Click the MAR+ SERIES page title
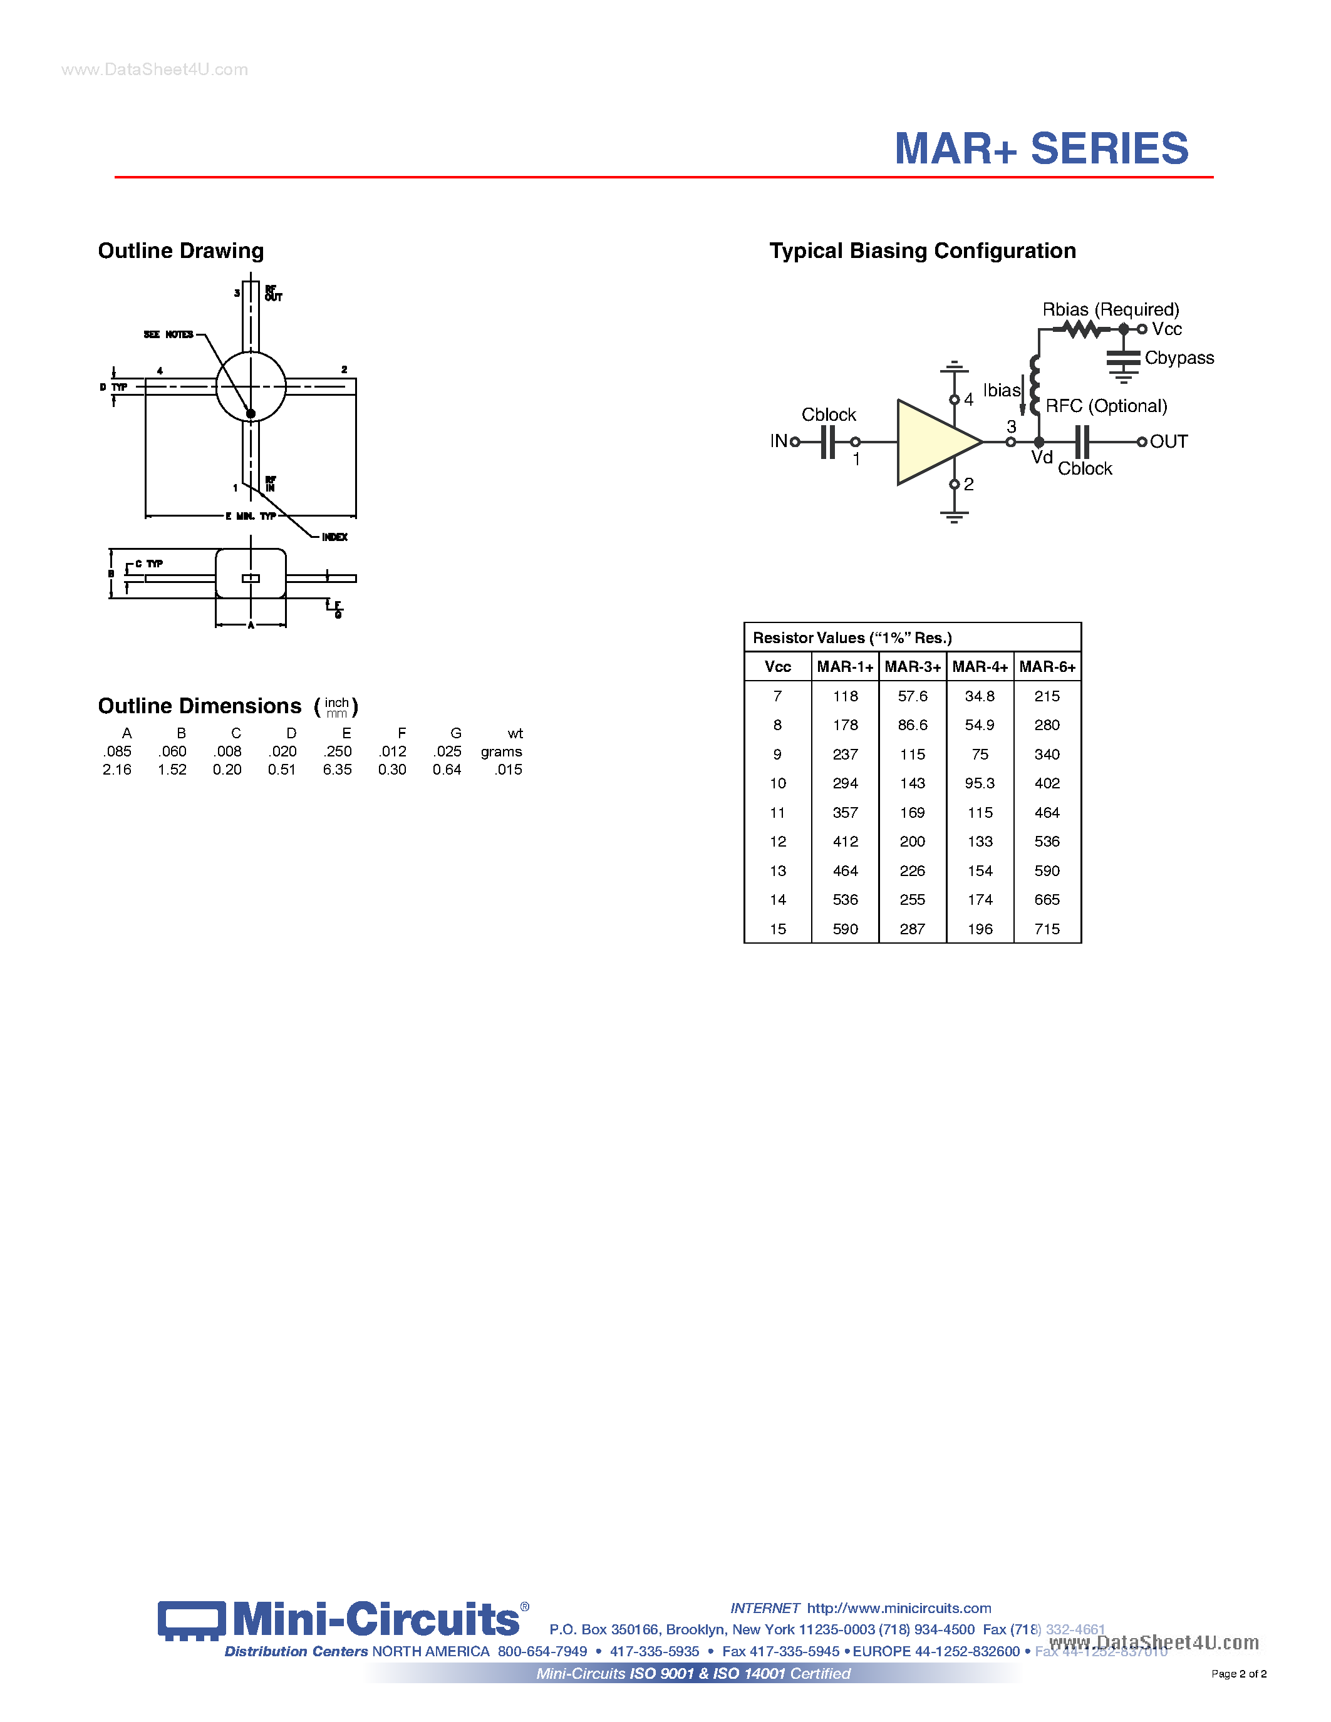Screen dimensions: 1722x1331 (x=1041, y=149)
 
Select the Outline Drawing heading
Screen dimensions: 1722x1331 (x=180, y=250)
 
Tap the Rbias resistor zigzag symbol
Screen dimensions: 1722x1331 (x=1081, y=329)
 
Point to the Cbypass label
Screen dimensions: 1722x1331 (x=1179, y=358)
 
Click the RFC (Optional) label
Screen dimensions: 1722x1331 (x=1106, y=406)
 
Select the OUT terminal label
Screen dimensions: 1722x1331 (x=1169, y=441)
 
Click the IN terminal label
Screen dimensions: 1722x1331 (x=779, y=441)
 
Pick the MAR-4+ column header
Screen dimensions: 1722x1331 (x=980, y=667)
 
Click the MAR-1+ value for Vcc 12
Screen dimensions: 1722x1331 (x=846, y=842)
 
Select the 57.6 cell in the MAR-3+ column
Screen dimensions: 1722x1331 (x=913, y=696)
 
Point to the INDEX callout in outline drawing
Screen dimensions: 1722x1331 (x=334, y=537)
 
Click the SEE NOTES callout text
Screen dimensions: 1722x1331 (x=168, y=334)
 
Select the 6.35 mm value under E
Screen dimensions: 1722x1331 (x=337, y=770)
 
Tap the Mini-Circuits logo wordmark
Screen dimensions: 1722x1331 (x=376, y=1619)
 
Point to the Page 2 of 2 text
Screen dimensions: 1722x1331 (x=1239, y=1673)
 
